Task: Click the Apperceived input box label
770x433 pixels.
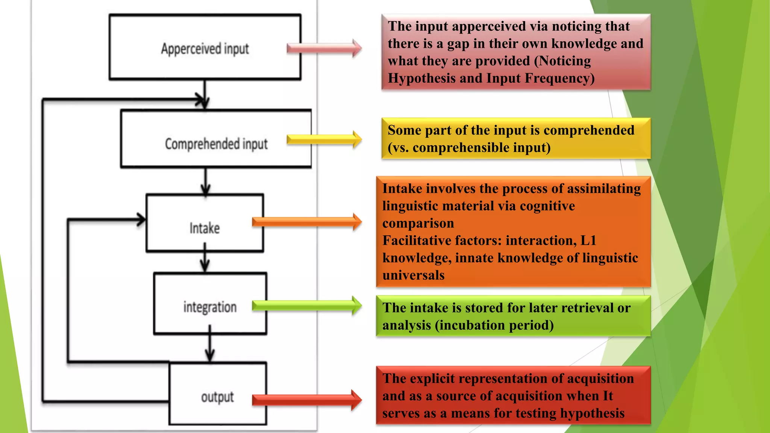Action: pos(205,49)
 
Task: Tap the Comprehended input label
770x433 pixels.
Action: pos(216,144)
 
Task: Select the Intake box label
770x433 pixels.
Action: pos(205,228)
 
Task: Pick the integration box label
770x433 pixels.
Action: pos(210,307)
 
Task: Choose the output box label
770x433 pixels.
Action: pos(217,397)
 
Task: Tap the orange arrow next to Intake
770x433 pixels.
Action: pos(307,222)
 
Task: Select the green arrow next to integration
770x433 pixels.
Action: pos(307,305)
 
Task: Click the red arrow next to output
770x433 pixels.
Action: pos(307,400)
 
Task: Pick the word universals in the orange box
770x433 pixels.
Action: pos(413,275)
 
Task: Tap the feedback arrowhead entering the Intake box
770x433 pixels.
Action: pos(141,220)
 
